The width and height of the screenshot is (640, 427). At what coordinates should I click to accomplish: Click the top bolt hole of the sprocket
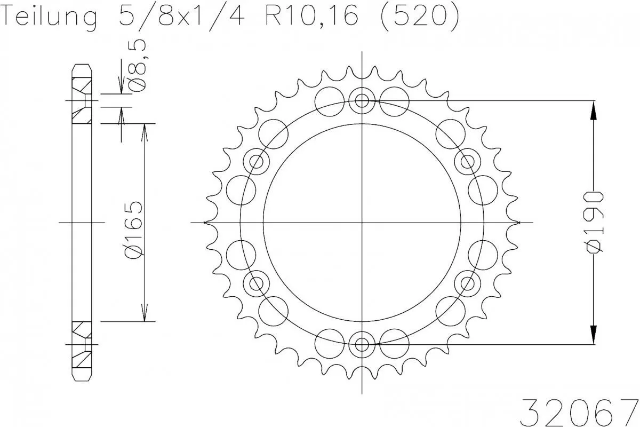(x=362, y=100)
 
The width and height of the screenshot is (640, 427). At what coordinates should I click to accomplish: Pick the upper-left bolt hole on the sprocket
(x=257, y=161)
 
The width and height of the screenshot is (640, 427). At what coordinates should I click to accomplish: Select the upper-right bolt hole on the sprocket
(x=468, y=161)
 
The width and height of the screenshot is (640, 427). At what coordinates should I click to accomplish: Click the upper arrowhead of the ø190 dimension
(x=593, y=111)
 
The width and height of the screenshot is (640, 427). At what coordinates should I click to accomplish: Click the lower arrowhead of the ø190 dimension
(x=593, y=334)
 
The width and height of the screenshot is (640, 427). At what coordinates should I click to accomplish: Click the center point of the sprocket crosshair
(x=362, y=222)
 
